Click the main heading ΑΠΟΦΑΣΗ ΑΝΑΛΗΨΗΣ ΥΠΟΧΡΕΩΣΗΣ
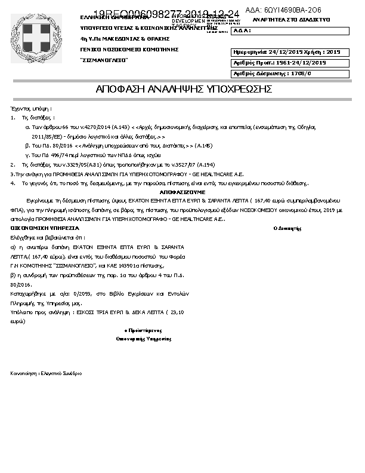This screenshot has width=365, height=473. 184,90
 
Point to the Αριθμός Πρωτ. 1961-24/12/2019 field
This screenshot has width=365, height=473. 279,63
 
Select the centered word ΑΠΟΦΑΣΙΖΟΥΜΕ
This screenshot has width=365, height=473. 182,192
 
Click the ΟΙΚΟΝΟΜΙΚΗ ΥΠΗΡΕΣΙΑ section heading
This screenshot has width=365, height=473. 45,228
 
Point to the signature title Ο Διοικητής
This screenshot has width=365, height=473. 286,229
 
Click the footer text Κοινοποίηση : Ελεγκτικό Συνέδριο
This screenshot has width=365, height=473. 47,373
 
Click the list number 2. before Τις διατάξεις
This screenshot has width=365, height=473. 13,163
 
